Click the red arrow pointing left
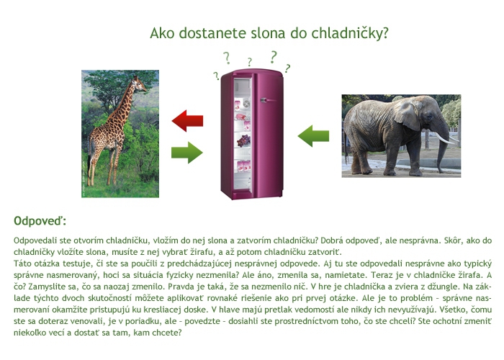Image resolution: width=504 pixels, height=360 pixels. pyautogui.click(x=187, y=121)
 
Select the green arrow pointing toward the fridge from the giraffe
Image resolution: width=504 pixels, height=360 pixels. pyautogui.click(x=187, y=153)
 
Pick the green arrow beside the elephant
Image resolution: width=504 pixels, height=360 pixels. pyautogui.click(x=313, y=136)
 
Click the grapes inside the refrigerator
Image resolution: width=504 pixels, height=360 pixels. pyautogui.click(x=243, y=140)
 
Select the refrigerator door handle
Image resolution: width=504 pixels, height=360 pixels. pyautogui.click(x=268, y=101)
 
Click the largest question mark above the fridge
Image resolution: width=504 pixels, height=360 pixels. pyautogui.click(x=273, y=57)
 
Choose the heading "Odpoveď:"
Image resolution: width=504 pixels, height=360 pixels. pyautogui.click(x=40, y=221)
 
